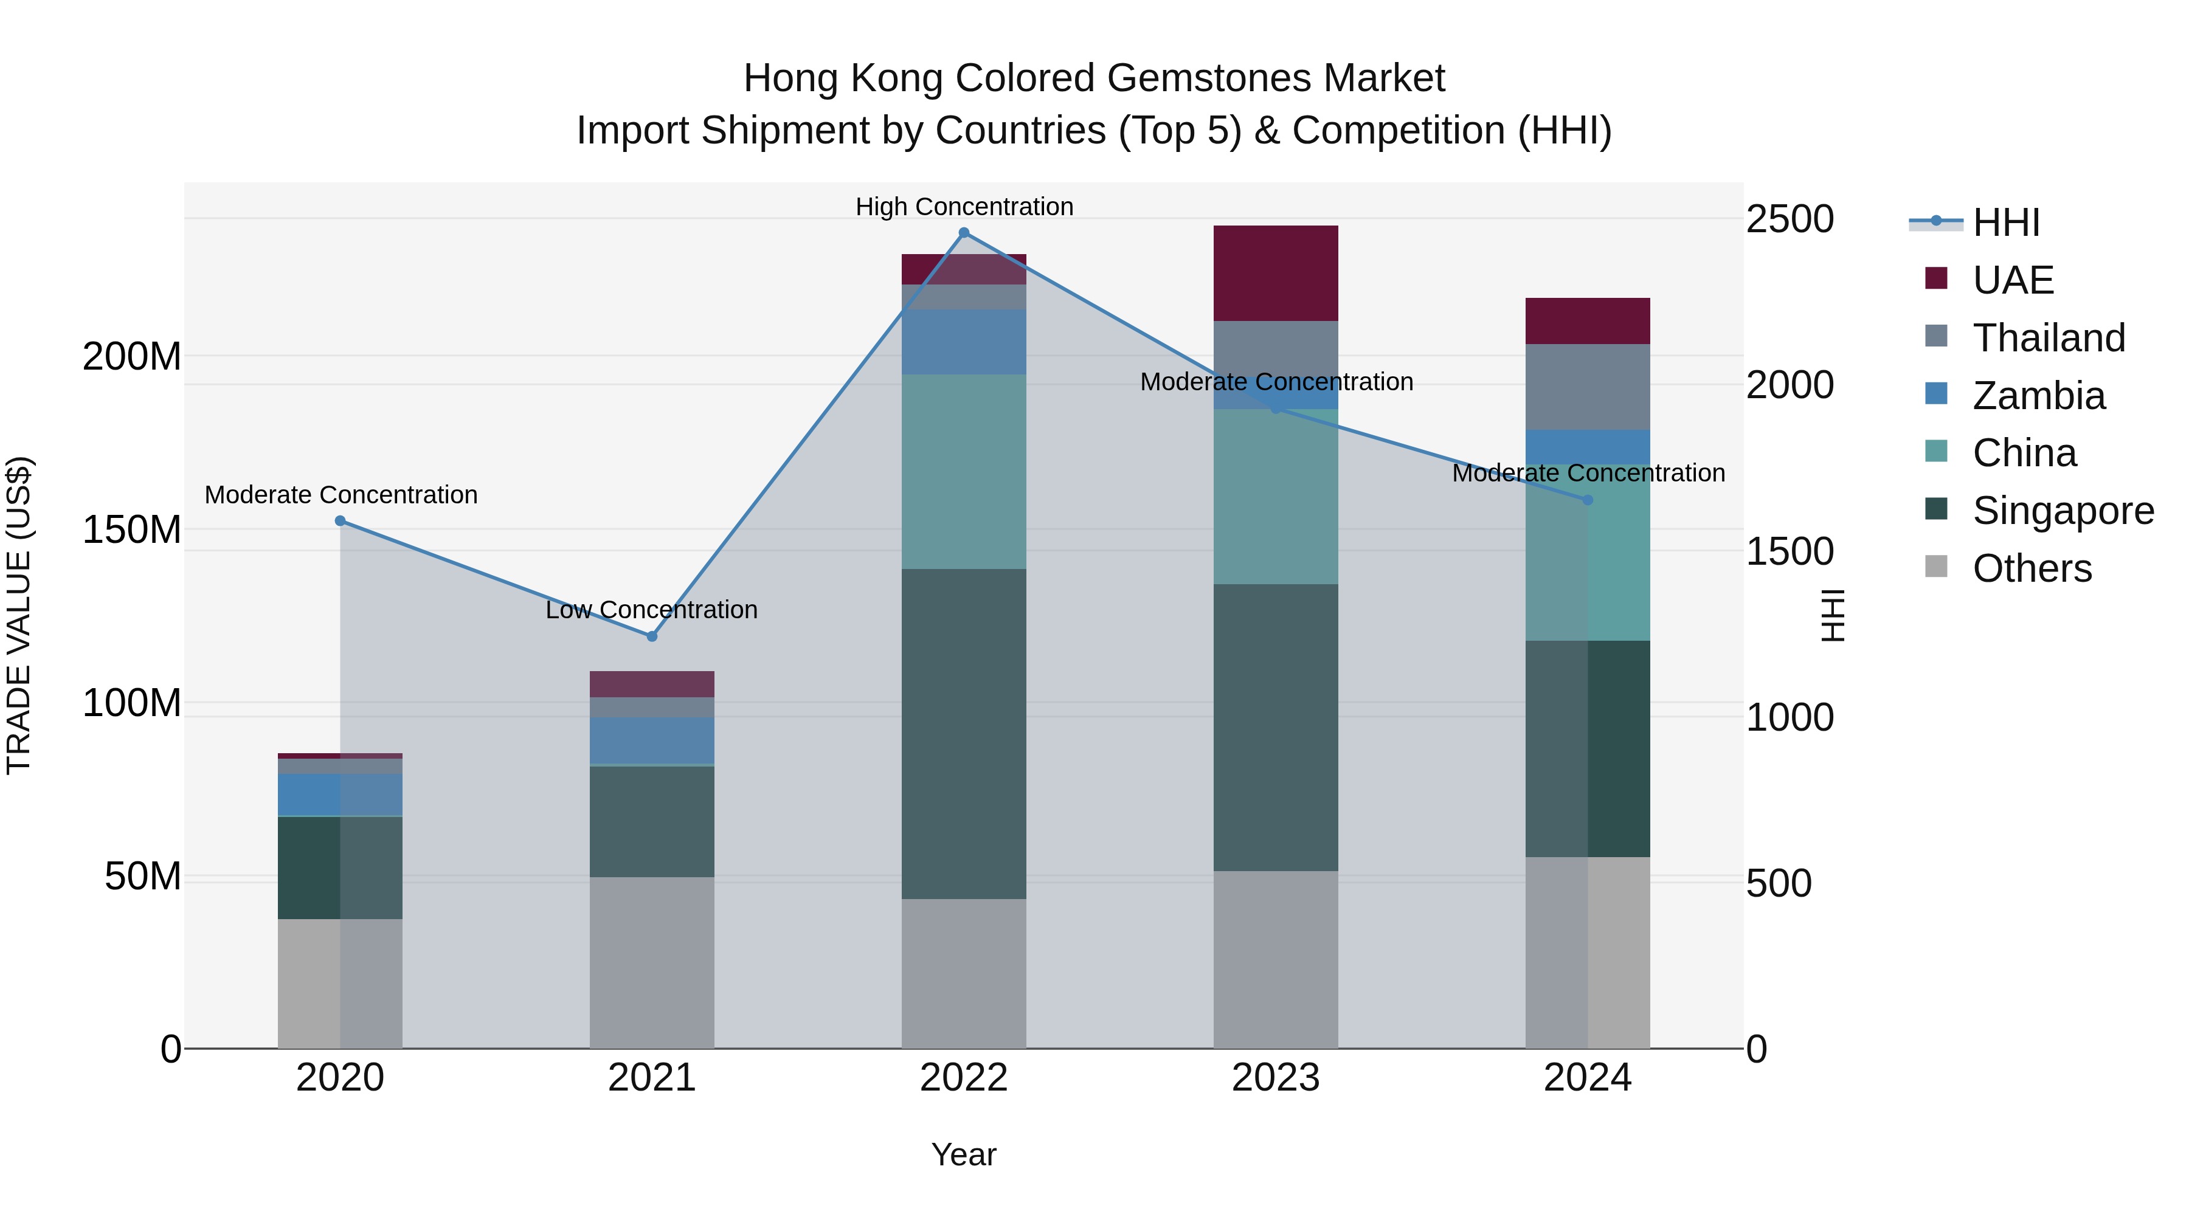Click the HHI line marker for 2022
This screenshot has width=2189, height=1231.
coord(964,233)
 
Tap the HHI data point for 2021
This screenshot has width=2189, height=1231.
coord(652,636)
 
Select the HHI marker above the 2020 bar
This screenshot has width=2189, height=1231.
coord(340,521)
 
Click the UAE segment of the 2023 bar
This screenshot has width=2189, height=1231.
coord(1276,273)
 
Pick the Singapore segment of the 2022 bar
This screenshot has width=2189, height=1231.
coord(964,733)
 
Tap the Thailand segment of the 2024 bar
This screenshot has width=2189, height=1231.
coord(1588,387)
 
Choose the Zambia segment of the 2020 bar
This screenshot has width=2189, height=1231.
coord(340,795)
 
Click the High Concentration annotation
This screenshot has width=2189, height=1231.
coord(964,207)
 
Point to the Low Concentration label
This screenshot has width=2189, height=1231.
coord(652,609)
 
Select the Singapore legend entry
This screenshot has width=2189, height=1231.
coord(2063,511)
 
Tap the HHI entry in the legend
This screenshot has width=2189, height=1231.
coord(2005,222)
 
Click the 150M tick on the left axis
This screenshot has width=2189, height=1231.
coord(132,530)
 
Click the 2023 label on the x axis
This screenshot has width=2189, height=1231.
coord(1276,1078)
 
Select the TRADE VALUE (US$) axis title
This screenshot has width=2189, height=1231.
coord(19,615)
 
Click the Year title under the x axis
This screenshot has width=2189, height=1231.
coord(964,1154)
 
